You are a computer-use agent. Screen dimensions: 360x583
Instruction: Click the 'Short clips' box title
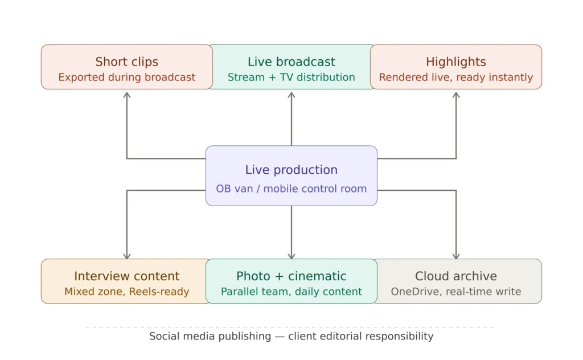(x=126, y=62)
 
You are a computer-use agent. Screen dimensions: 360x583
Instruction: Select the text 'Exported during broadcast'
(x=126, y=77)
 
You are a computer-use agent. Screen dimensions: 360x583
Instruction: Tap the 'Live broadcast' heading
(x=291, y=62)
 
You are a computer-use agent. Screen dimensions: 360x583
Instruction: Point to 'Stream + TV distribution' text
(x=291, y=77)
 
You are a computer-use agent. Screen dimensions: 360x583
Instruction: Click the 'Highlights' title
(x=456, y=62)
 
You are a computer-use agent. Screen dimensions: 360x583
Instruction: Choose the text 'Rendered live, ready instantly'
(x=456, y=77)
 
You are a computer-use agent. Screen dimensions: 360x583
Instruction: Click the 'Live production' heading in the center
(x=291, y=170)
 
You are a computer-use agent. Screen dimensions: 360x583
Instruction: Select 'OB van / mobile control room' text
(x=291, y=189)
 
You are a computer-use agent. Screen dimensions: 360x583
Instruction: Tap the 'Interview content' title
(x=126, y=276)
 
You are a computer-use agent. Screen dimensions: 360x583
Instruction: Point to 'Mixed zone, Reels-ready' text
(x=126, y=292)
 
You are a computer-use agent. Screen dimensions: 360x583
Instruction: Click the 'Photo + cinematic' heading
(x=291, y=276)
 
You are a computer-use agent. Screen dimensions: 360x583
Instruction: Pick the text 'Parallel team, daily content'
(x=291, y=292)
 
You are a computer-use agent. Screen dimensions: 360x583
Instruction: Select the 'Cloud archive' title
(x=456, y=276)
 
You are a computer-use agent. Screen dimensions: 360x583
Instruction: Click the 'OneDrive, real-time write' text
(x=456, y=292)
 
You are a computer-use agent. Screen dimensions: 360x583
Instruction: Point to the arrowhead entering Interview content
(x=127, y=255)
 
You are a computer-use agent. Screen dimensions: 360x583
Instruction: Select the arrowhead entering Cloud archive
(x=456, y=255)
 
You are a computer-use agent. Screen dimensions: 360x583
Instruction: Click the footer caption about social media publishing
(x=291, y=336)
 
